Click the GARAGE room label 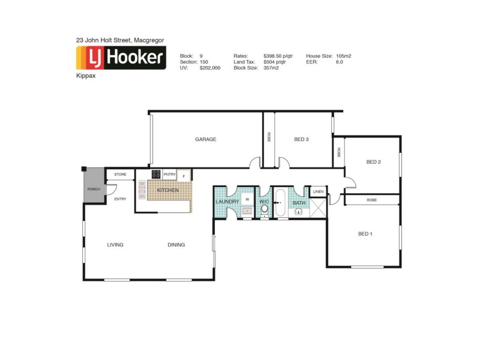click(205, 139)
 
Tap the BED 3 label click(301, 139)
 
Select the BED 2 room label click(374, 162)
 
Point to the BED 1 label click(365, 233)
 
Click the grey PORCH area click(94, 189)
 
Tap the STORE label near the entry click(121, 175)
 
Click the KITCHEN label click(167, 190)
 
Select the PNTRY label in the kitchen click(169, 175)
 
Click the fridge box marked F click(184, 175)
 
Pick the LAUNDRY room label click(227, 202)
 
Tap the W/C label click(264, 202)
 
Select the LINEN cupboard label click(317, 191)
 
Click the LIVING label click(115, 244)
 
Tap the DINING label click(176, 244)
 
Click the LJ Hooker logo click(121, 59)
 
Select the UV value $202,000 click(210, 68)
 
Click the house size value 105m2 click(344, 56)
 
